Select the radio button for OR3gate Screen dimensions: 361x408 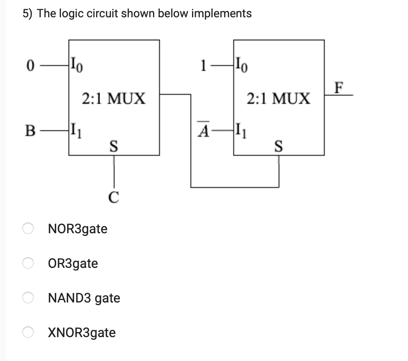28,263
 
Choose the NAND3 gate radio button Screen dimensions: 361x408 28,298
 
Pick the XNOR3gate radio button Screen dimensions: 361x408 28,332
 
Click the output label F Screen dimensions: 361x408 339,88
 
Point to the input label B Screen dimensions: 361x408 30,132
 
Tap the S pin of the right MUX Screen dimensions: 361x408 279,145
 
